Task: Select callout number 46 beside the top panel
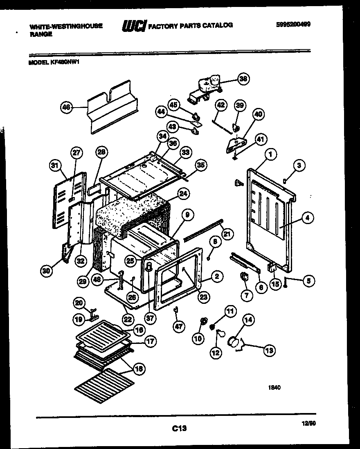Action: [66, 108]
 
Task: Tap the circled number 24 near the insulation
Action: [183, 193]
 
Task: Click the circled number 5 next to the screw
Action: [309, 281]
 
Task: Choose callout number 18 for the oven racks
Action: [139, 369]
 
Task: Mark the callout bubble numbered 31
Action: [54, 165]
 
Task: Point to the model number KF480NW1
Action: [57, 63]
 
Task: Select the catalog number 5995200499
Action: [292, 24]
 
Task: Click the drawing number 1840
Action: [274, 388]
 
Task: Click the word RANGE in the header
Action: [41, 34]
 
